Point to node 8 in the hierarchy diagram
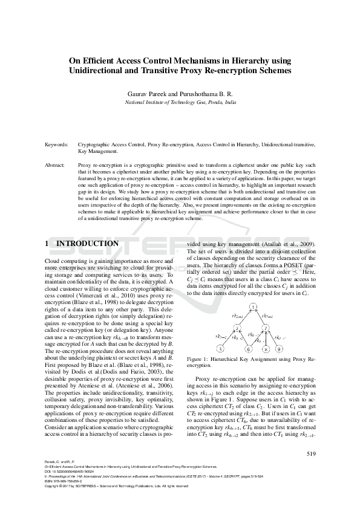click(x=266, y=349)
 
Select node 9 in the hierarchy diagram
click(x=278, y=349)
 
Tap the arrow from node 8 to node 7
click(x=266, y=339)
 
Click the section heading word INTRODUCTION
click(x=87, y=244)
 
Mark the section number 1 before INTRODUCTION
click(x=48, y=244)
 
